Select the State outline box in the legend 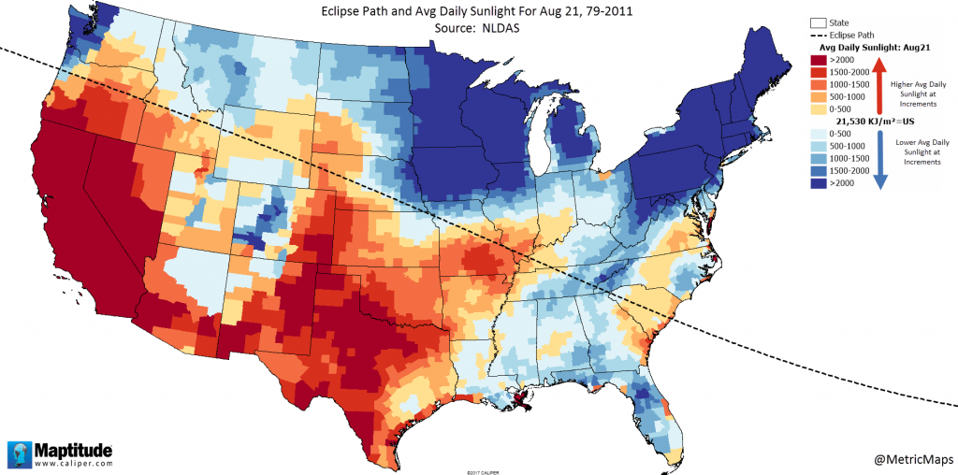(x=818, y=22)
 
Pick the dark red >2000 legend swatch (x=818, y=60)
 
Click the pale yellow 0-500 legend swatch (x=818, y=108)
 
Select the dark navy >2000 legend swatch (x=818, y=183)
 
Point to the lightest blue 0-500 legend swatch (x=818, y=135)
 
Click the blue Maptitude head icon (x=19, y=453)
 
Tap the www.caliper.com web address (x=75, y=463)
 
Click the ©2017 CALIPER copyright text (x=478, y=471)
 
